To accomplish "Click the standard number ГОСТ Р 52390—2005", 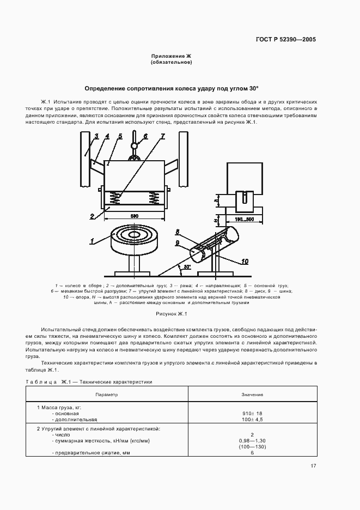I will point(285,39).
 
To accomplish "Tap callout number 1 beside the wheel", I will point(93,240).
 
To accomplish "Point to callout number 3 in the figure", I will point(96,136).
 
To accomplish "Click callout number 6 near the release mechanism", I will point(145,136).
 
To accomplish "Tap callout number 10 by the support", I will point(245,262).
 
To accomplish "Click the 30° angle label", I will point(187,267).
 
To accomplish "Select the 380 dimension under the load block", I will point(134,216).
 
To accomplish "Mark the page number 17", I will point(313,466).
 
